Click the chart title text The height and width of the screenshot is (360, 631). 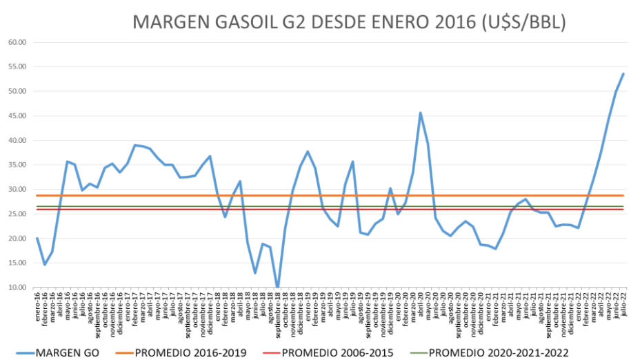tap(349, 22)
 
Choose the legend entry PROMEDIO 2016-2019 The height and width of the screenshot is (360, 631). tap(190, 353)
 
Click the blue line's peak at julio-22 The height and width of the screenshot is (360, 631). tap(623, 74)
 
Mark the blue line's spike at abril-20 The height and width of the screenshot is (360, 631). tap(421, 113)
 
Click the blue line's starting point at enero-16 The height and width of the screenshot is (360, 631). tap(37, 239)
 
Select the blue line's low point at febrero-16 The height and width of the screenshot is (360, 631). tap(45, 265)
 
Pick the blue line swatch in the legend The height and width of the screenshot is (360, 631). tap(24, 353)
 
